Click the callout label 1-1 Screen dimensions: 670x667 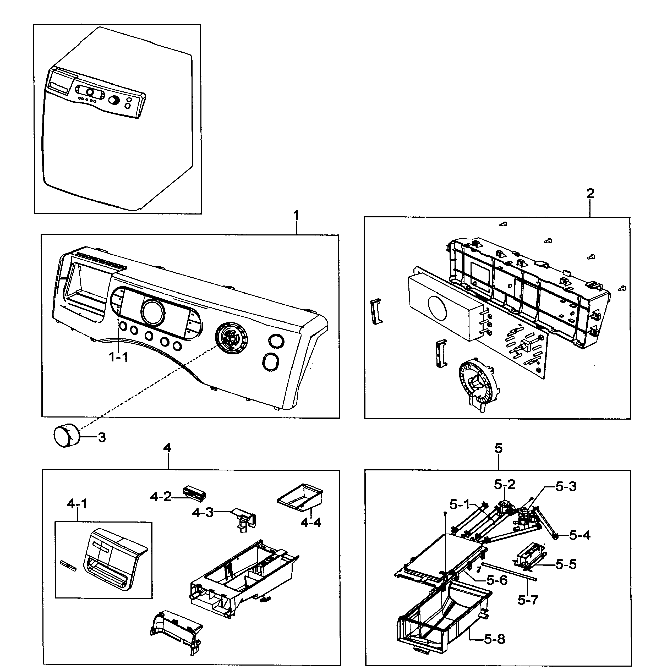(119, 357)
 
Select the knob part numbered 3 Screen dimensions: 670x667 (66, 437)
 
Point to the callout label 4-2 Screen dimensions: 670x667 (161, 497)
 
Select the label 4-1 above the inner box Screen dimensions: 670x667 (77, 503)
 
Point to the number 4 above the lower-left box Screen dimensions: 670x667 (167, 448)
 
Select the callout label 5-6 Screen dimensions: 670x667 (497, 580)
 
